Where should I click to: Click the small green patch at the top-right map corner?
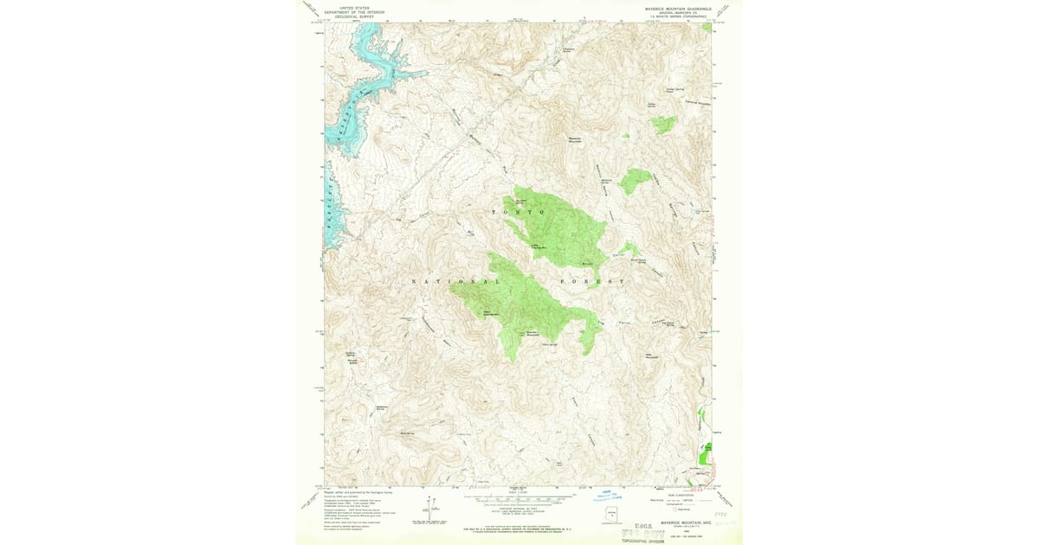pyautogui.click(x=707, y=28)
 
